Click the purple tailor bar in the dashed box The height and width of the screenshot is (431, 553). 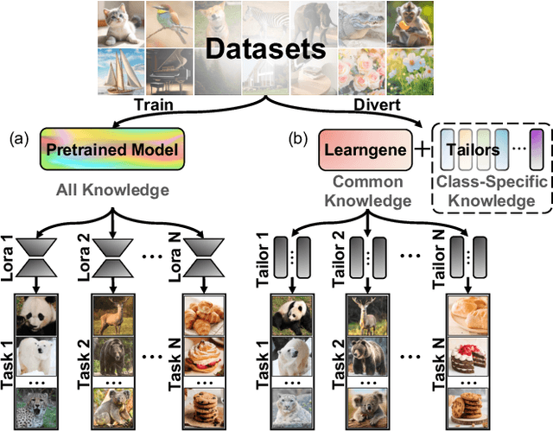pos(536,146)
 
